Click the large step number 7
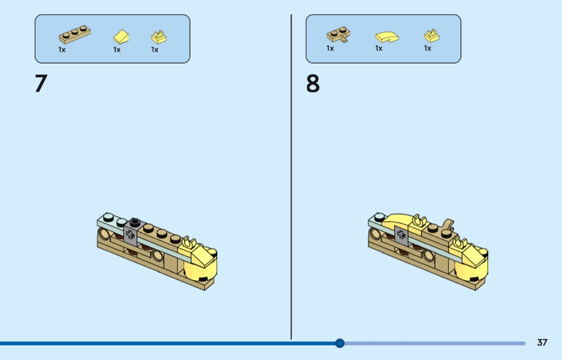click(41, 83)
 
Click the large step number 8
click(313, 83)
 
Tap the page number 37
click(542, 342)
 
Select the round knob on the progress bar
click(340, 343)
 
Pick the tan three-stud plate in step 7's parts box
click(74, 34)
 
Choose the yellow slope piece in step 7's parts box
click(121, 37)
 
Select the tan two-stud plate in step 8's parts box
click(338, 35)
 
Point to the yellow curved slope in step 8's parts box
click(387, 37)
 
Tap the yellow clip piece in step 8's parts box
click(431, 36)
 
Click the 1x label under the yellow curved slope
click(379, 48)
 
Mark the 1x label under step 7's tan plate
click(62, 50)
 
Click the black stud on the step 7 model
click(135, 222)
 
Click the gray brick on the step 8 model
click(401, 235)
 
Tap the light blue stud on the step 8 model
click(379, 216)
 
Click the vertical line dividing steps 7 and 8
click(291, 177)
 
